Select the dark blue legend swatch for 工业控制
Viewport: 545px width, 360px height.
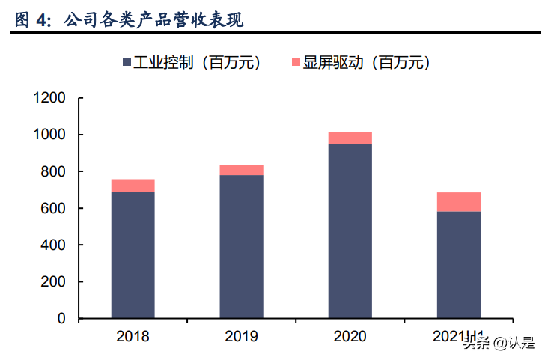coord(126,63)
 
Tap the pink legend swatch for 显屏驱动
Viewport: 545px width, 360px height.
coord(295,63)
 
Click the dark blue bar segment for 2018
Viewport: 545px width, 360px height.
coord(133,254)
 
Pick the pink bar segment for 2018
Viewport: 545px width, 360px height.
coord(133,186)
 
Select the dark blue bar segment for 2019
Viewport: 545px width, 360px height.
coord(241,246)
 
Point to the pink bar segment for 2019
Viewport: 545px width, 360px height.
coord(241,170)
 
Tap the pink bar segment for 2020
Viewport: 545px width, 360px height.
coord(350,138)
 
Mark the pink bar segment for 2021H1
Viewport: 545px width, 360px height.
coord(458,202)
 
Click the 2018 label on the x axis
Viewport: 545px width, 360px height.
coord(133,336)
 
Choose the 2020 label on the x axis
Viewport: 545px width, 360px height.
coord(350,336)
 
